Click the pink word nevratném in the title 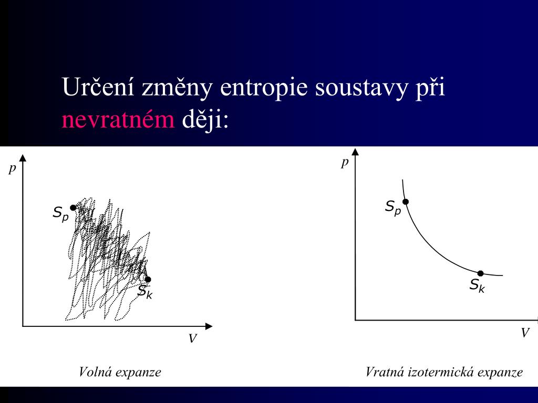point(118,121)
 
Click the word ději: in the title point(205,121)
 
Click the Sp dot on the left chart point(73,208)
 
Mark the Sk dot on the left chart point(148,279)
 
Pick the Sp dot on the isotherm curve point(406,201)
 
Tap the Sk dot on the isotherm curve point(480,273)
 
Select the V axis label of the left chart point(192,339)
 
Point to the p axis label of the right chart point(345,162)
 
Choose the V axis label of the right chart point(524,333)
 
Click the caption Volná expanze point(120,373)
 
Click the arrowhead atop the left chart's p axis point(23,157)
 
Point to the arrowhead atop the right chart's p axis point(356,152)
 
